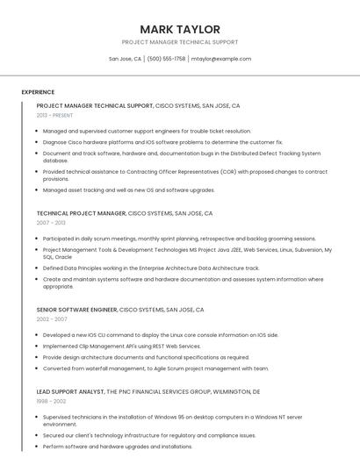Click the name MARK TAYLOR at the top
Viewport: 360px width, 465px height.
pyautogui.click(x=179, y=29)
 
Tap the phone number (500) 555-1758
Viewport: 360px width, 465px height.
pyautogui.click(x=166, y=59)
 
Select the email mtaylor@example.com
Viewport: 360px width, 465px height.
pyautogui.click(x=221, y=59)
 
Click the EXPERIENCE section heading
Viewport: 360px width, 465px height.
pyautogui.click(x=38, y=92)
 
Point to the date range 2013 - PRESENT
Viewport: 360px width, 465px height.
pyautogui.click(x=54, y=115)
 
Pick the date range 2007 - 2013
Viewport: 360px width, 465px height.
pyautogui.click(x=51, y=223)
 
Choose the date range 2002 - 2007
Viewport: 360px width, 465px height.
pyautogui.click(x=52, y=319)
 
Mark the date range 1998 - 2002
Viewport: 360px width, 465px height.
pyautogui.click(x=51, y=401)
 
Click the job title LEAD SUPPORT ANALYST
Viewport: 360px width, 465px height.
pyautogui.click(x=69, y=391)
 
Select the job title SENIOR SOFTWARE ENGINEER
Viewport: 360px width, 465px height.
pyautogui.click(x=76, y=310)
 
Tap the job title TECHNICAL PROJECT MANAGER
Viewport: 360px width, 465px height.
pyautogui.click(x=81, y=213)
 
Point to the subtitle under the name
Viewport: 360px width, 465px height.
pyautogui.click(x=179, y=42)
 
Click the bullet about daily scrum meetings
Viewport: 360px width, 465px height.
pyautogui.click(x=179, y=239)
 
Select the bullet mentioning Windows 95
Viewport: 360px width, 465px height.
pyautogui.click(x=172, y=420)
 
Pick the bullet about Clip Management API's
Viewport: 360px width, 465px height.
pyautogui.click(x=121, y=346)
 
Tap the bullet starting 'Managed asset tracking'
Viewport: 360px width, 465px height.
pyautogui.click(x=128, y=190)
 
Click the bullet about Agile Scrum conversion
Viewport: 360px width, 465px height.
pyautogui.click(x=155, y=368)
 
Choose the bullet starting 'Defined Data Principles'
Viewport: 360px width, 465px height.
pyautogui.click(x=151, y=268)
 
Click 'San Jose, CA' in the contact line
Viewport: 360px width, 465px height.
pyautogui.click(x=125, y=59)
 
